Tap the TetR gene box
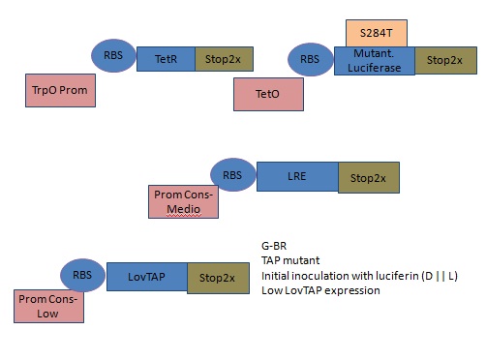(x=166, y=60)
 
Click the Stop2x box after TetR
(x=225, y=60)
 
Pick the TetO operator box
(x=268, y=94)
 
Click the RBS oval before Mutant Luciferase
(x=310, y=58)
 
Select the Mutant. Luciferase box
(x=375, y=59)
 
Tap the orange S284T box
(x=377, y=32)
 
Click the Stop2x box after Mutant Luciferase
(x=444, y=59)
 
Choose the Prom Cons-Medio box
(x=183, y=202)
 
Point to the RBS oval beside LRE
(x=232, y=175)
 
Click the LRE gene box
(x=297, y=178)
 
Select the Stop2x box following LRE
(x=368, y=178)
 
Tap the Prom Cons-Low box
(x=49, y=307)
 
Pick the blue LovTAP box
(x=146, y=278)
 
